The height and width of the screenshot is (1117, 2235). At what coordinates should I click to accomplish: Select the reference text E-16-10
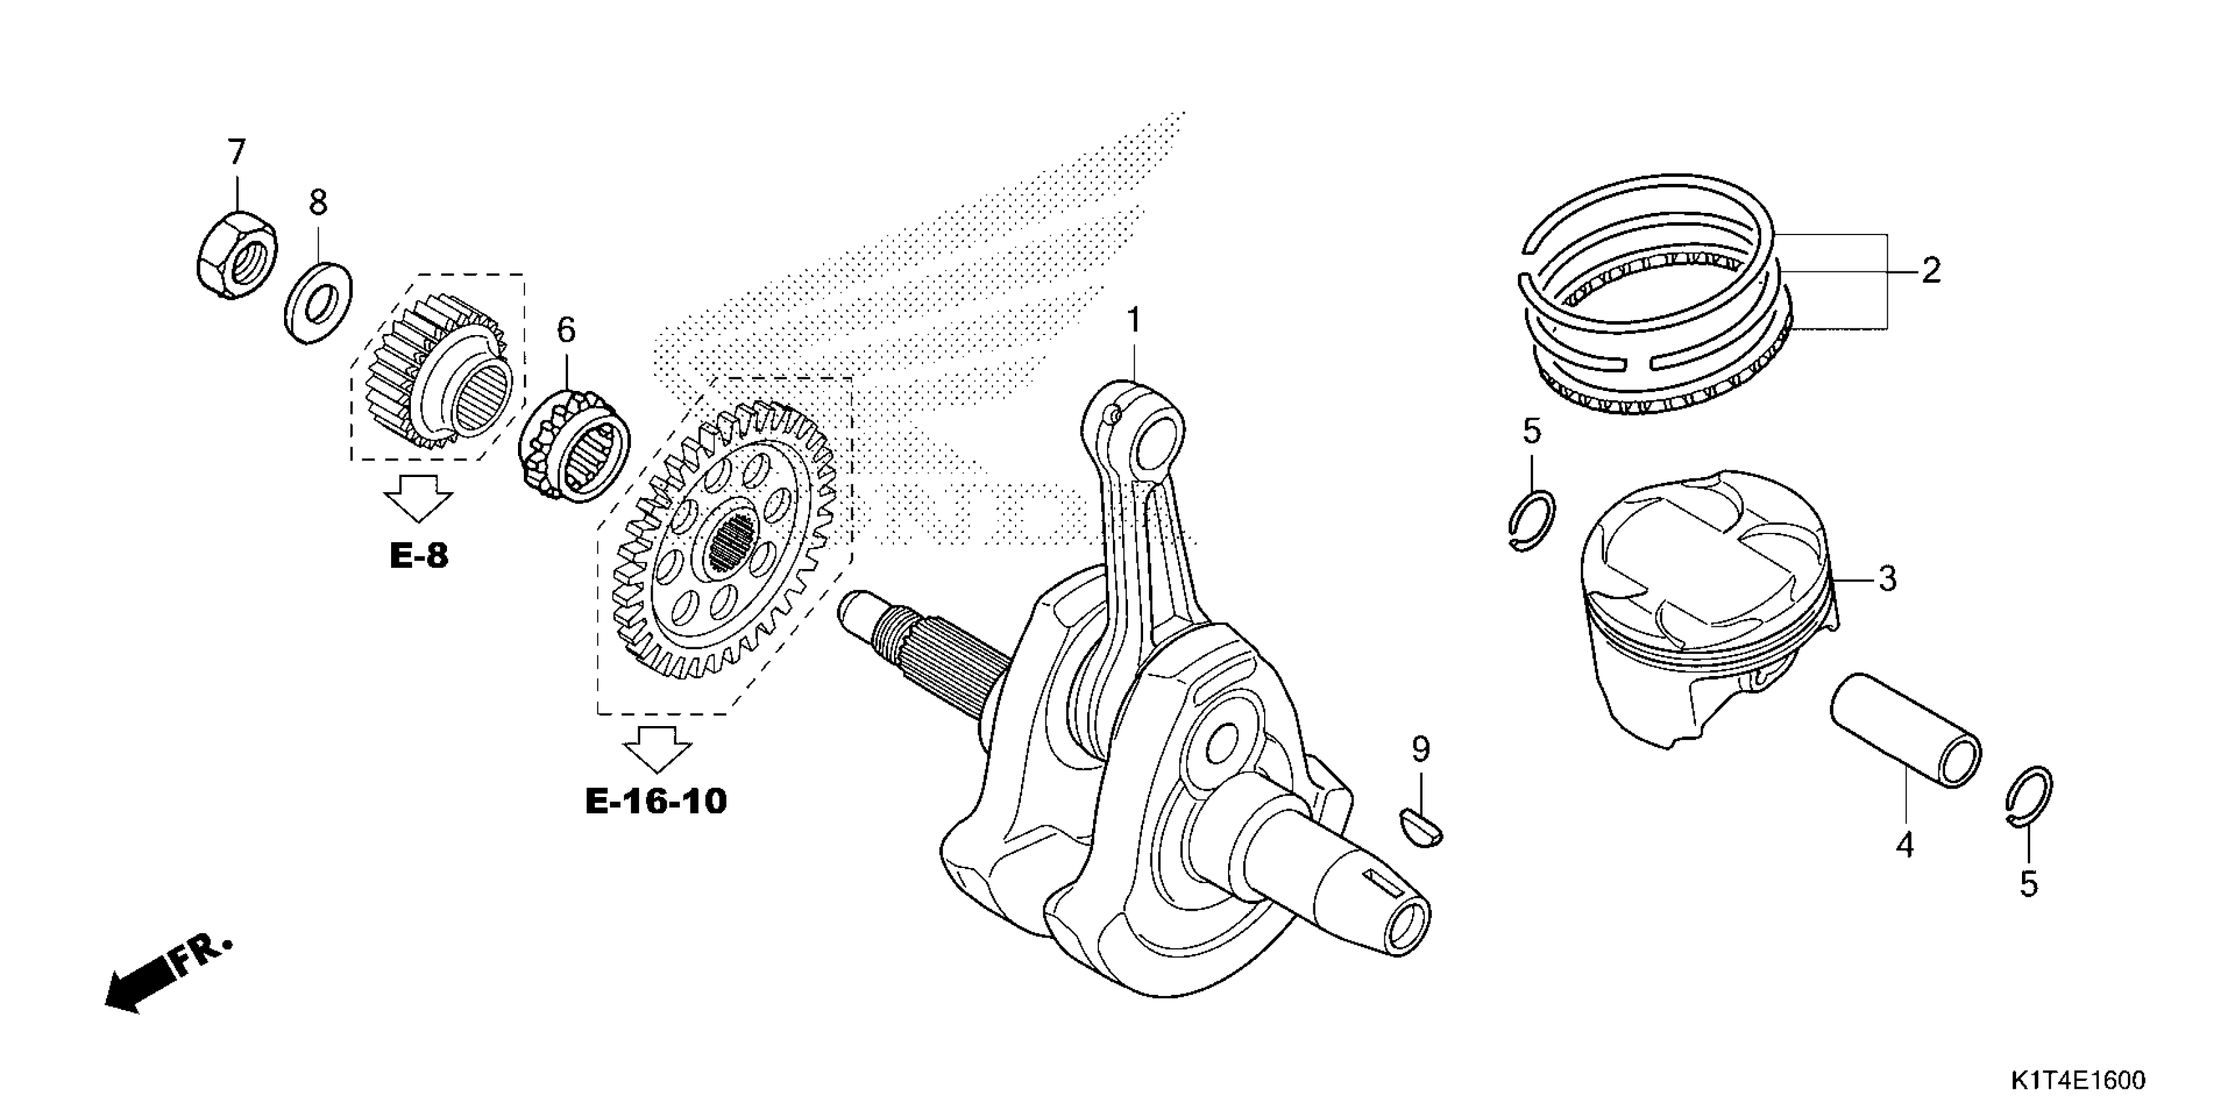(x=656, y=802)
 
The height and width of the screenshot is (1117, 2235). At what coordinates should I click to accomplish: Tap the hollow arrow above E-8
(x=418, y=499)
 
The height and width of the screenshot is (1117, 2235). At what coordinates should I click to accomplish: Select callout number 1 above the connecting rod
(x=1133, y=321)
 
